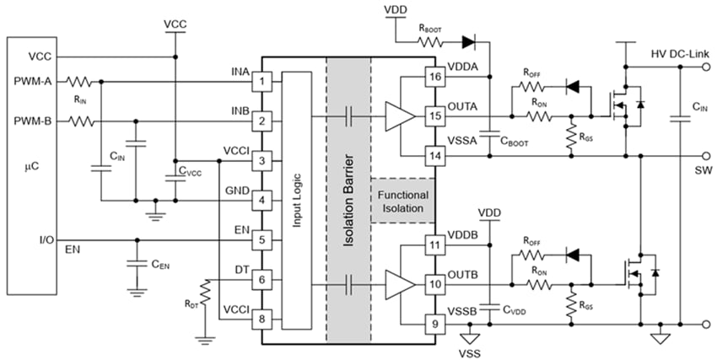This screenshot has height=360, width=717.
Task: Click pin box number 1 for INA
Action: tap(263, 82)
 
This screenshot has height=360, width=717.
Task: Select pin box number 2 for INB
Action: tap(263, 121)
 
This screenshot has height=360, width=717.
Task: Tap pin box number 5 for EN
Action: tap(263, 239)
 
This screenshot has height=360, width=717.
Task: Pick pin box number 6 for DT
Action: tap(263, 279)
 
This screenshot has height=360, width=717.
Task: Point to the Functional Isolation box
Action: tap(402, 201)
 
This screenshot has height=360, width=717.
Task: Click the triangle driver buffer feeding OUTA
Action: tap(397, 115)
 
